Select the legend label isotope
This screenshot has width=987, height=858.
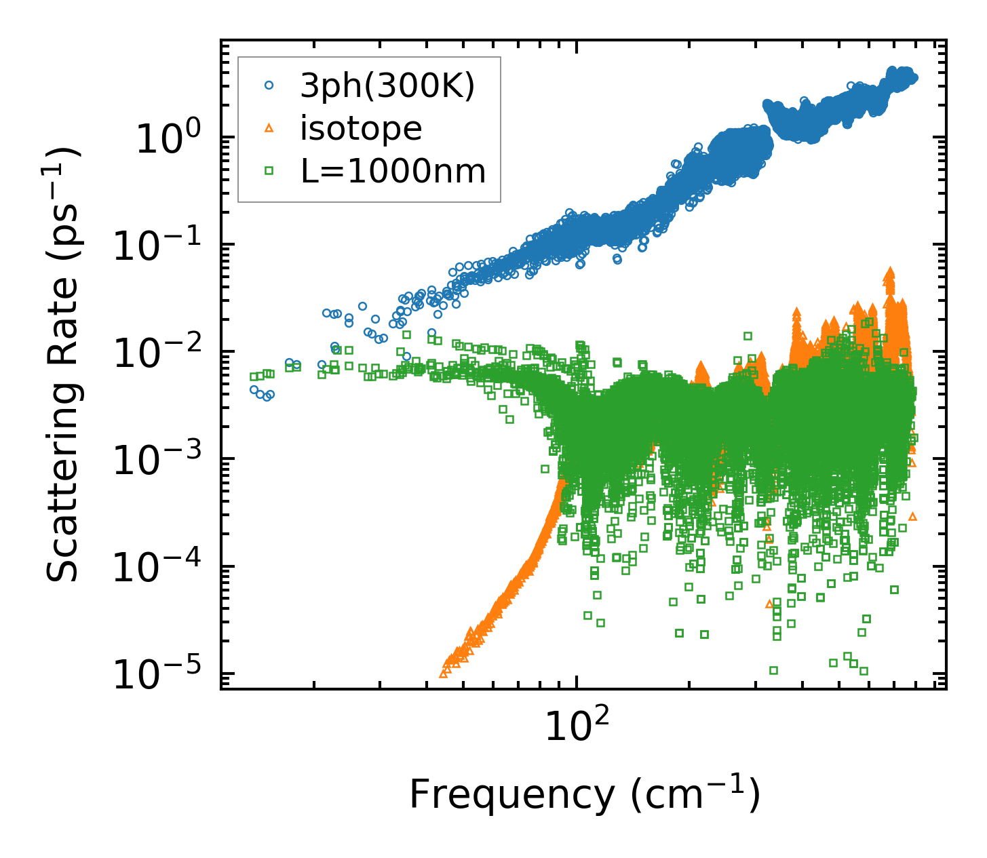361,128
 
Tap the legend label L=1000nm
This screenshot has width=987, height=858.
393,172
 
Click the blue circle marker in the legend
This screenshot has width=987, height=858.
269,85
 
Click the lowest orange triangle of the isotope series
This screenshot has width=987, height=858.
444,673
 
